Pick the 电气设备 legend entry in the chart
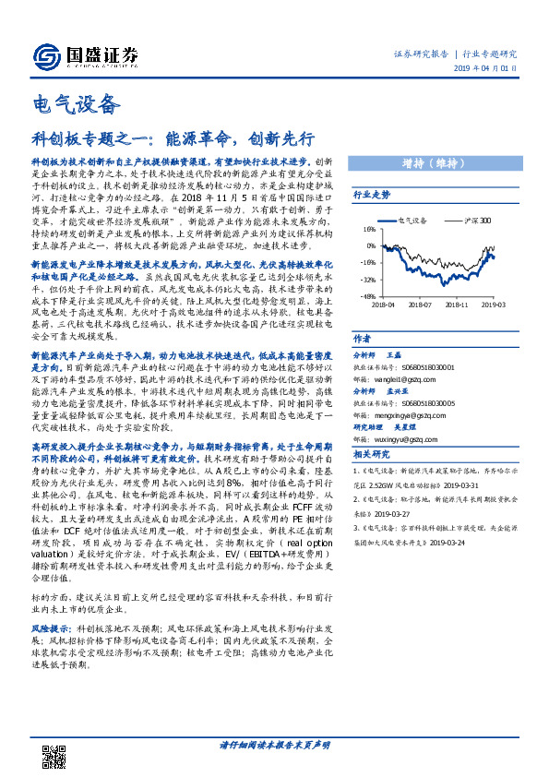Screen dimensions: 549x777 tap(411, 221)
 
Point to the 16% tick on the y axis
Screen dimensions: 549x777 tap(368, 229)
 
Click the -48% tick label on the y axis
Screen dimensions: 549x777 tap(367, 296)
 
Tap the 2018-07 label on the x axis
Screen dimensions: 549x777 tap(420, 304)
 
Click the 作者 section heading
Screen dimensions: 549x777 tap(362, 339)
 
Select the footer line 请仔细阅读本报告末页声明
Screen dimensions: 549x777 tap(274, 745)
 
